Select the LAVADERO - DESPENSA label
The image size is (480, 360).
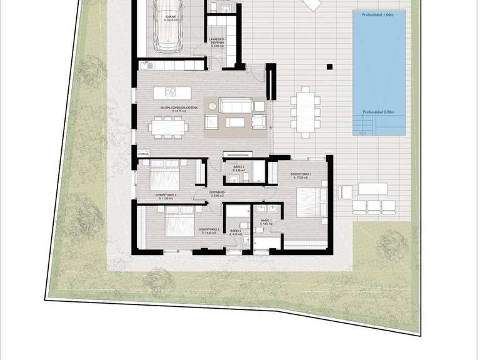pyautogui.click(x=216, y=41)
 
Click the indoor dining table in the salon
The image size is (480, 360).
pyautogui.click(x=168, y=126)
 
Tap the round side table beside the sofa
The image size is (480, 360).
pyautogui.click(x=212, y=105)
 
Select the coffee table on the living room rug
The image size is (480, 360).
pyautogui.click(x=236, y=121)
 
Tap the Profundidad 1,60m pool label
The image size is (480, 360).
pyautogui.click(x=378, y=14)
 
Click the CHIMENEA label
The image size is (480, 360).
pyautogui.click(x=142, y=152)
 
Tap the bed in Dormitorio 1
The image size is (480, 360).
pyautogui.click(x=309, y=200)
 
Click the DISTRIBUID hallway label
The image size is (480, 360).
pyautogui.click(x=217, y=192)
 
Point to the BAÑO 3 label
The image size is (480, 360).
pyautogui.click(x=238, y=167)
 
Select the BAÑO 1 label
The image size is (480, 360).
pyautogui.click(x=265, y=221)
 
